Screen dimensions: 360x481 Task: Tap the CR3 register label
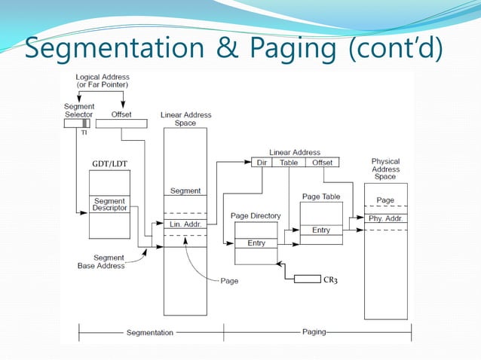coord(330,280)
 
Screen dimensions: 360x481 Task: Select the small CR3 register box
coord(307,279)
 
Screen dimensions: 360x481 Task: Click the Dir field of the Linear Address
coord(262,162)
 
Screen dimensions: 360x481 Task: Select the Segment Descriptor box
coord(109,205)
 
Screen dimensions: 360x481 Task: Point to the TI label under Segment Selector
coord(84,131)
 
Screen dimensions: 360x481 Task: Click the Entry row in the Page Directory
coord(256,243)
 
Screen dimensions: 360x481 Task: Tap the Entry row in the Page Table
coord(321,230)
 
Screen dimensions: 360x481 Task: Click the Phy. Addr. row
coord(385,218)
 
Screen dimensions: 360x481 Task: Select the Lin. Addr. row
coord(185,225)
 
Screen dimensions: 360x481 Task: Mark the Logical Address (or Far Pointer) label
coord(102,81)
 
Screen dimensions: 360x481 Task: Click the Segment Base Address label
coord(101,261)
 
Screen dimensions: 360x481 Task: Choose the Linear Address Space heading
coord(185,119)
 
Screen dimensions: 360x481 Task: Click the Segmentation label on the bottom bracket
coord(149,332)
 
